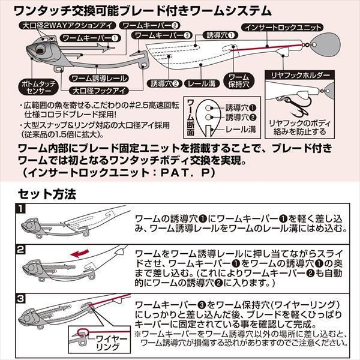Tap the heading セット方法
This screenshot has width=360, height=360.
pos(46,194)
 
